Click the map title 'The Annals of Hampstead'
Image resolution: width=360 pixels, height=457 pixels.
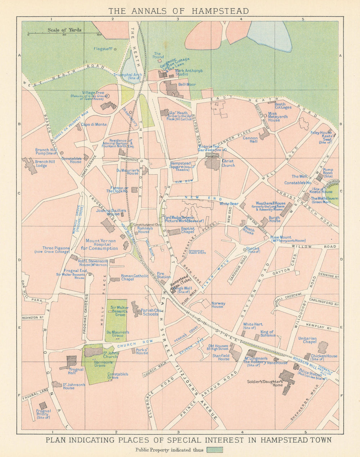179,11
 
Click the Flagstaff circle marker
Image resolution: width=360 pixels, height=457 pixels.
115,49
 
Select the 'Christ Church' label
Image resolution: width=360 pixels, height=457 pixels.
228,163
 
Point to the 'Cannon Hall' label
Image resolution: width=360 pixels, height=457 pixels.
250,140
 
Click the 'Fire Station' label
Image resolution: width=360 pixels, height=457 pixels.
164,275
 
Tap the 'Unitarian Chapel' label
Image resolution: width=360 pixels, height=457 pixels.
307,340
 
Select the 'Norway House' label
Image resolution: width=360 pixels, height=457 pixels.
219,305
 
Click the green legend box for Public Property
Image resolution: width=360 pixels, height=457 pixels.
215,450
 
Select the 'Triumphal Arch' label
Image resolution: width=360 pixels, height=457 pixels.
128,76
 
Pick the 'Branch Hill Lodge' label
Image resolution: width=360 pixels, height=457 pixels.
45,164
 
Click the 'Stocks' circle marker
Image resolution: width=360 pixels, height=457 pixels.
245,249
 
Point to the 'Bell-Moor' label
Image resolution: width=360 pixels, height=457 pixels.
187,85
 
